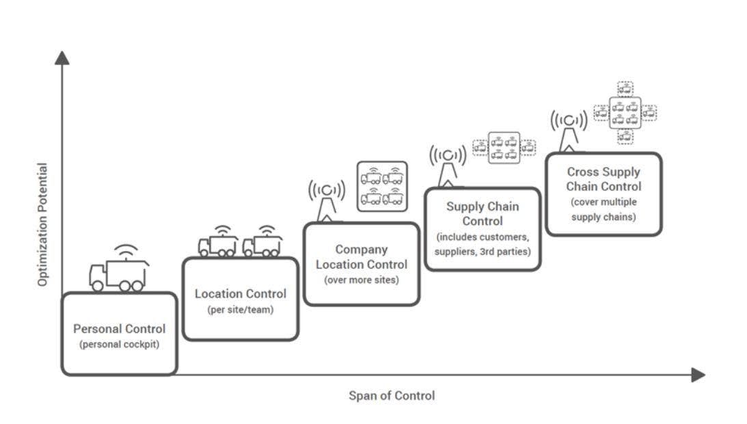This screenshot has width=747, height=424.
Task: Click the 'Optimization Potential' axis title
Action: tap(42, 224)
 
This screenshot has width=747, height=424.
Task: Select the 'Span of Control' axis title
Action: tap(392, 395)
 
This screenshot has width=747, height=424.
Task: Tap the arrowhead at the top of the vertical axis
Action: tap(62, 58)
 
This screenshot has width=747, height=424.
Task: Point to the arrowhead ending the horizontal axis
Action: tap(697, 374)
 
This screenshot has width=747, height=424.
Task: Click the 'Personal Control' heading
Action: tap(120, 328)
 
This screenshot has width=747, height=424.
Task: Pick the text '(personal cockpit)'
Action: tap(120, 344)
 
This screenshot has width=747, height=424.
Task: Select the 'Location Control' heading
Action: tap(241, 293)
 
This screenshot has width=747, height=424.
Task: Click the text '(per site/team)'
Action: tap(240, 309)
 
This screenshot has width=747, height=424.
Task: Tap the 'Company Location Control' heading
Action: tap(362, 256)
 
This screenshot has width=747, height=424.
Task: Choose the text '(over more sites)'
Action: tap(361, 280)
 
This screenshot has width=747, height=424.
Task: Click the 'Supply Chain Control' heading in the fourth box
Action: tap(483, 213)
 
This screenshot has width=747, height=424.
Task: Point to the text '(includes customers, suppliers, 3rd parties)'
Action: tap(483, 244)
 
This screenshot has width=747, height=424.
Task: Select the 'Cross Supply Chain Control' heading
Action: tap(603, 179)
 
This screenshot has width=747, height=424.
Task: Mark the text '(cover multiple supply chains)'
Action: tap(603, 210)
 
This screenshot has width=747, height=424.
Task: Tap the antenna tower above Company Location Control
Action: tap(327, 200)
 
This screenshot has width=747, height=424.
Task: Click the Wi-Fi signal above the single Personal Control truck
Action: tap(125, 251)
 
